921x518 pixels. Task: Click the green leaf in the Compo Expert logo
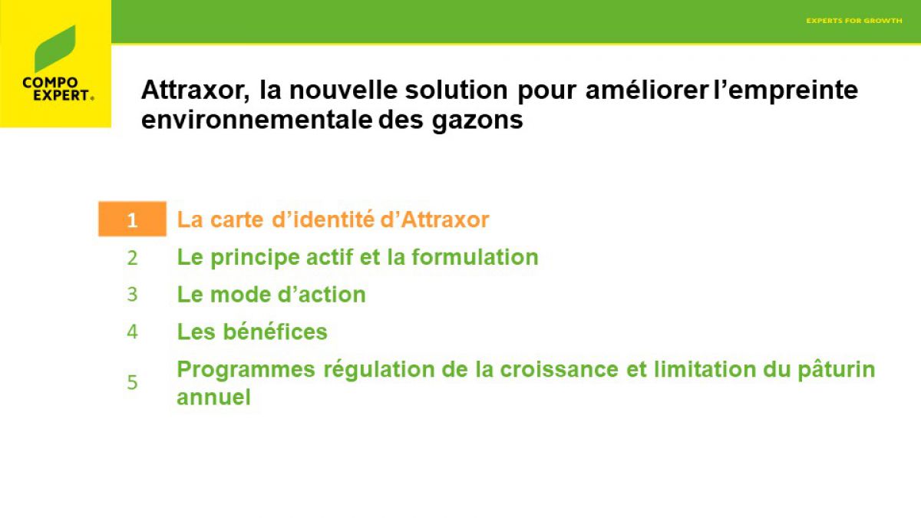tap(54, 49)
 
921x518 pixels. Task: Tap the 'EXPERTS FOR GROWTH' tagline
tap(854, 21)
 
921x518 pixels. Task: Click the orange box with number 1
tap(132, 219)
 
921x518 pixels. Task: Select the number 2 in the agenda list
tap(132, 258)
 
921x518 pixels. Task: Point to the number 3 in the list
tap(132, 295)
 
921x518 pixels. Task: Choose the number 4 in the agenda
tap(132, 332)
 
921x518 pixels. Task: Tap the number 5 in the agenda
tap(132, 382)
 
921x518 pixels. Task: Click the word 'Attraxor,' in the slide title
tap(195, 90)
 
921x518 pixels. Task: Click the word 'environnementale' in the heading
tap(256, 120)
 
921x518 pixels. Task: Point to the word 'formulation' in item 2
tap(475, 257)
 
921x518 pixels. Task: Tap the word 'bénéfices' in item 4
tap(275, 332)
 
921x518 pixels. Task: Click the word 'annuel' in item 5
tap(213, 398)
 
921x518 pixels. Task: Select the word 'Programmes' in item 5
tap(246, 370)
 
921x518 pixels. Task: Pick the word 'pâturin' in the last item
tap(837, 370)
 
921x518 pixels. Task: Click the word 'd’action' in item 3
tap(322, 295)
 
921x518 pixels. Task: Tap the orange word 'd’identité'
tap(323, 219)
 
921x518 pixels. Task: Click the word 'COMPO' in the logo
tap(50, 83)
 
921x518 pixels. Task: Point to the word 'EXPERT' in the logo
tap(61, 95)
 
